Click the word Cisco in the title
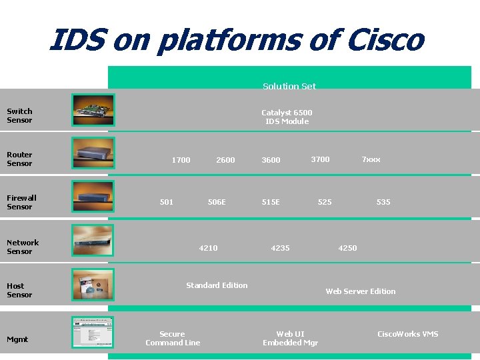pyautogui.click(x=385, y=40)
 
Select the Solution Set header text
pyautogui.click(x=289, y=86)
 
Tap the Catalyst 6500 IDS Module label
pyautogui.click(x=287, y=117)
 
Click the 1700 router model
pyautogui.click(x=181, y=160)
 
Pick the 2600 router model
pyautogui.click(x=225, y=160)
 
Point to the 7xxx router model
pyautogui.click(x=371, y=159)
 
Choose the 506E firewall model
pyautogui.click(x=217, y=202)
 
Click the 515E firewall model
pyautogui.click(x=271, y=202)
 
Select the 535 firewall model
pyautogui.click(x=383, y=202)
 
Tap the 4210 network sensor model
pyautogui.click(x=208, y=248)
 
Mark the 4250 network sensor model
pyautogui.click(x=347, y=248)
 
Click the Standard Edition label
pyautogui.click(x=217, y=285)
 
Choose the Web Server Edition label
pyautogui.click(x=360, y=291)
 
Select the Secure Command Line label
pyautogui.click(x=173, y=338)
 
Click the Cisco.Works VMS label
pyautogui.click(x=408, y=334)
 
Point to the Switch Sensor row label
pyautogui.click(x=19, y=115)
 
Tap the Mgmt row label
pyautogui.click(x=17, y=339)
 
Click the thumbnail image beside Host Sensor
pyautogui.click(x=93, y=285)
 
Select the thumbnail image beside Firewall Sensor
pyautogui.click(x=93, y=195)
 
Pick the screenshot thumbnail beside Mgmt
pyautogui.click(x=93, y=332)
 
